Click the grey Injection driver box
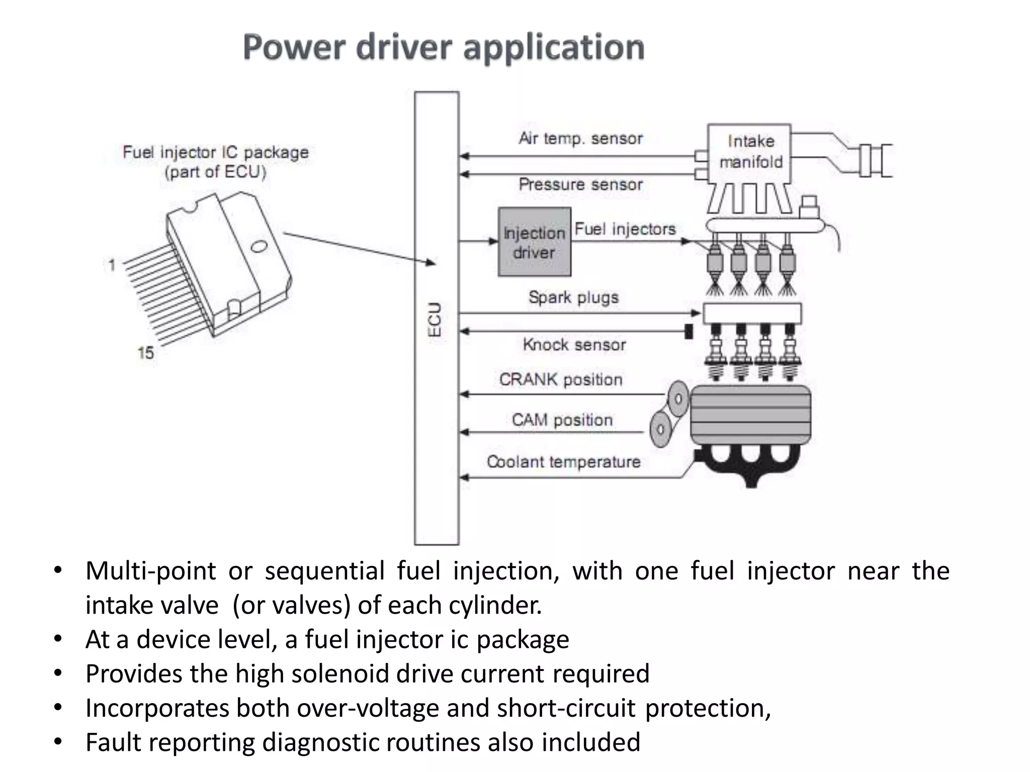(x=534, y=242)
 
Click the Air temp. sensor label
(x=580, y=138)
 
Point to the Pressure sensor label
(x=580, y=184)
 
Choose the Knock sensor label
(x=574, y=345)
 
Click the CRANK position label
(x=561, y=379)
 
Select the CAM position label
(x=562, y=420)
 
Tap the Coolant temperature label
(x=563, y=461)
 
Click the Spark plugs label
(x=573, y=297)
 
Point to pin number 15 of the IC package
(x=145, y=353)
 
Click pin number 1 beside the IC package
(x=112, y=265)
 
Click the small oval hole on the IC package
(x=259, y=246)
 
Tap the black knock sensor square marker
(x=689, y=331)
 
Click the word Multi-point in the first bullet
(x=150, y=571)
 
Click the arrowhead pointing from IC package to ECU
(x=431, y=262)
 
